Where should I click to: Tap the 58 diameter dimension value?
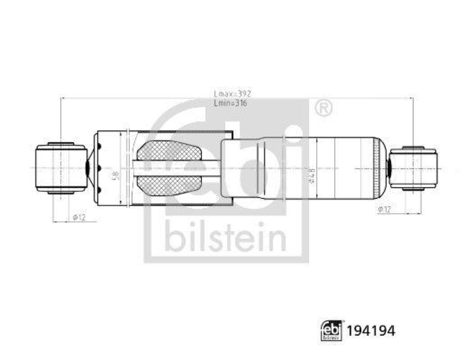point(116,175)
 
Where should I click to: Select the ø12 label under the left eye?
point(79,217)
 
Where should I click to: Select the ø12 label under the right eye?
point(383,209)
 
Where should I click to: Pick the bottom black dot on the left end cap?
point(101,189)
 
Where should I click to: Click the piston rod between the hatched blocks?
point(178,169)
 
